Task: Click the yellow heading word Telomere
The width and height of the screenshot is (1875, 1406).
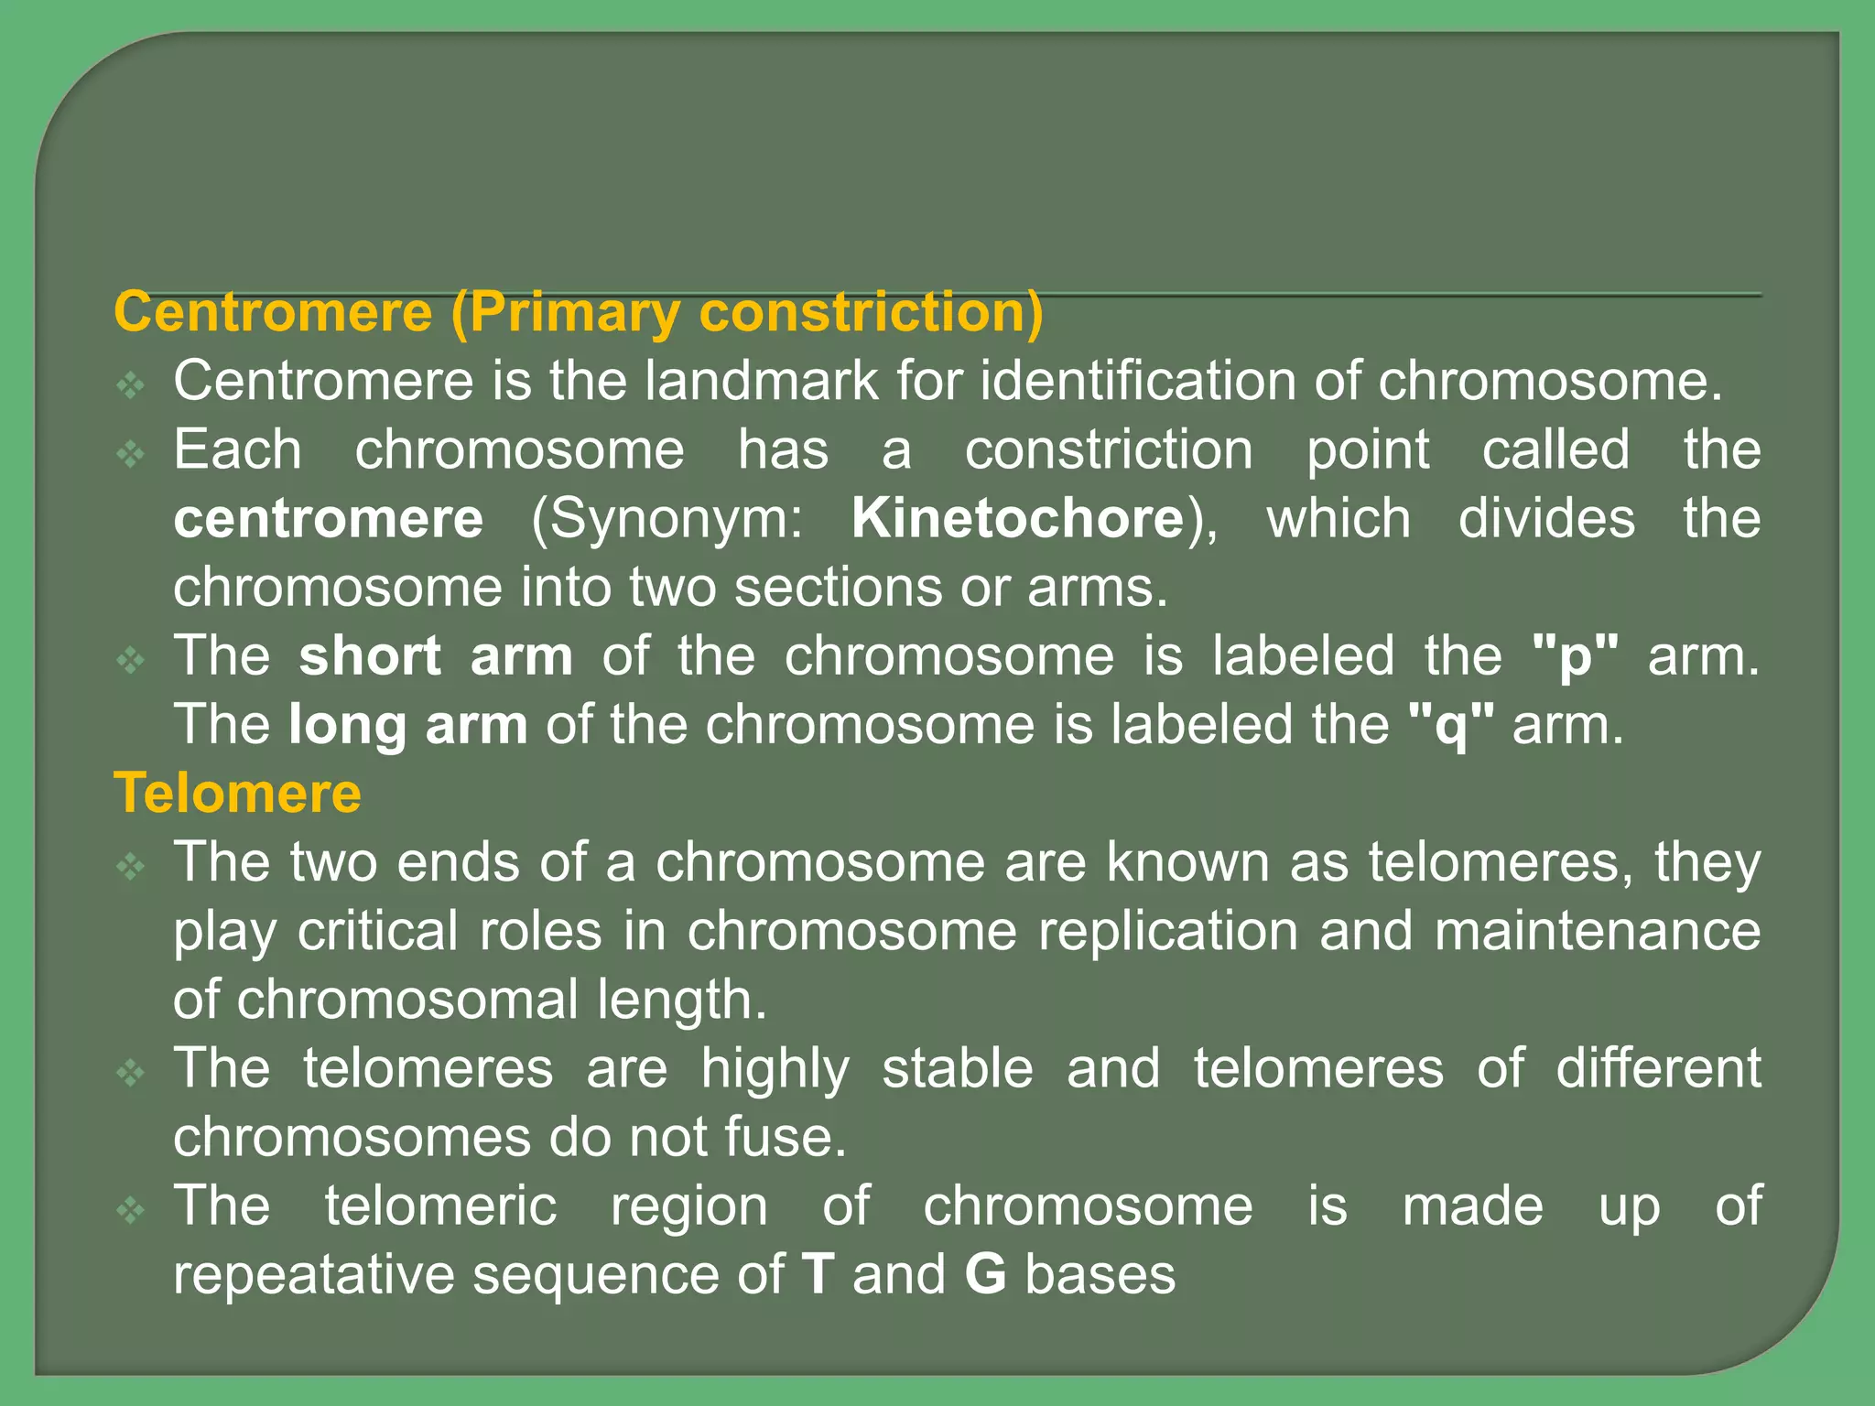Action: click(237, 793)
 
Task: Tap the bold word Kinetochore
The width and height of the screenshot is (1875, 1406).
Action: click(1018, 518)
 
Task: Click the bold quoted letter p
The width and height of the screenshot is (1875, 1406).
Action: click(1575, 657)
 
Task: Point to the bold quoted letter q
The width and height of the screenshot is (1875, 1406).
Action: click(1451, 726)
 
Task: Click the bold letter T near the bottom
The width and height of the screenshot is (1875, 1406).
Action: click(818, 1274)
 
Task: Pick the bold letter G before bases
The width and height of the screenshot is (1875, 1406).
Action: click(985, 1274)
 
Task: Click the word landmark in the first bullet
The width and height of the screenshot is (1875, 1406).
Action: click(761, 381)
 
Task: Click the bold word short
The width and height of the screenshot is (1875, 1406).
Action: click(370, 655)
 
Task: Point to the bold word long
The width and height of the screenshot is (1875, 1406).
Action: click(347, 726)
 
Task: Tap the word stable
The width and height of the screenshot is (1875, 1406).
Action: click(958, 1068)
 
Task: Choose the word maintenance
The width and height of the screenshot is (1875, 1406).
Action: click(1597, 931)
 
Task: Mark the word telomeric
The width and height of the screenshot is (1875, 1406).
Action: click(440, 1206)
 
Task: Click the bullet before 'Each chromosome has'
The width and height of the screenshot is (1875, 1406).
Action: click(132, 453)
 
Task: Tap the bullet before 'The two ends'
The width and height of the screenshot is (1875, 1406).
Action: click(132, 865)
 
